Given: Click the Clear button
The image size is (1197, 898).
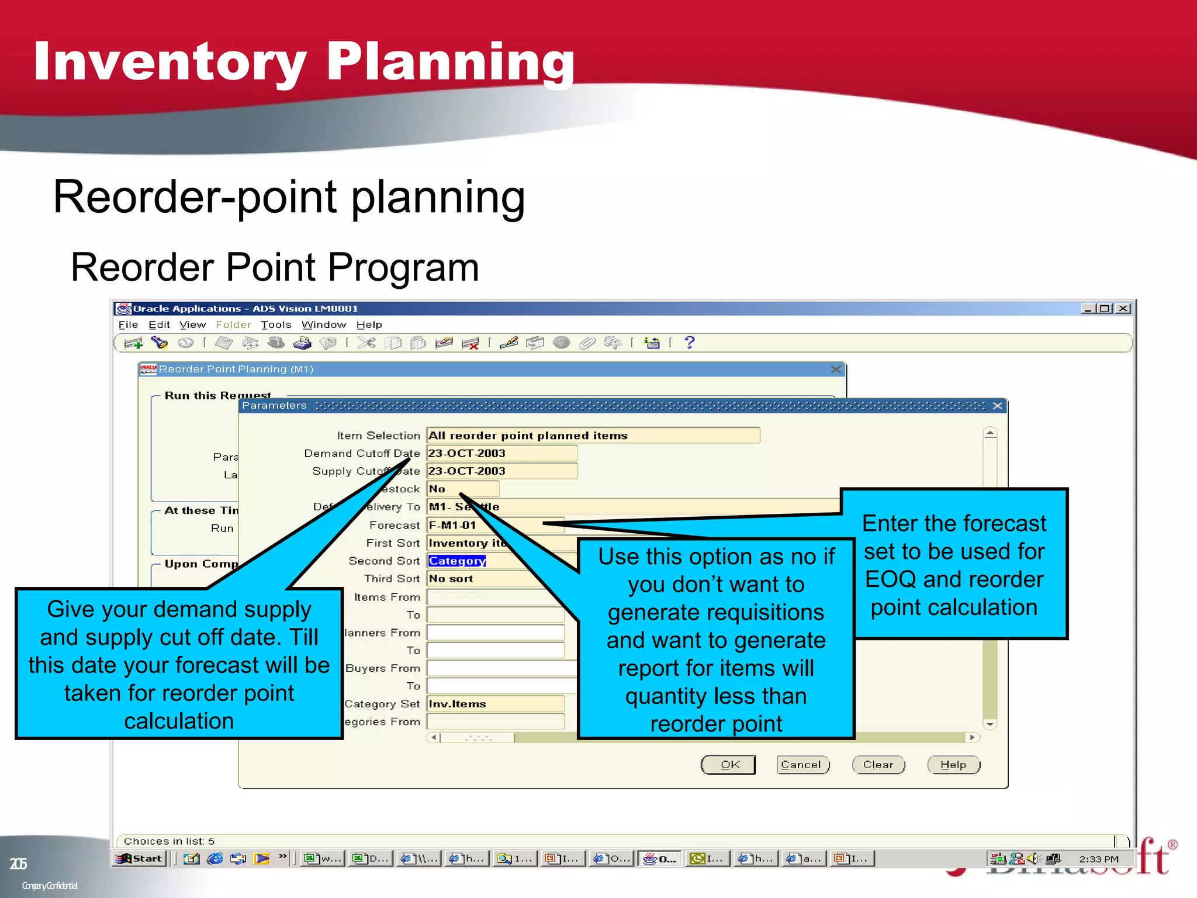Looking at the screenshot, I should [x=878, y=765].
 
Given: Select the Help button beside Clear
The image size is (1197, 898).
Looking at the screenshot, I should [x=953, y=765].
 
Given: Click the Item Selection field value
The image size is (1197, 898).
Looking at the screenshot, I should [x=593, y=436].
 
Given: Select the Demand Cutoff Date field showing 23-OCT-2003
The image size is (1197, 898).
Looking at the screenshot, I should [x=501, y=453].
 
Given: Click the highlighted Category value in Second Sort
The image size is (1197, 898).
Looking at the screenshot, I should [x=457, y=561].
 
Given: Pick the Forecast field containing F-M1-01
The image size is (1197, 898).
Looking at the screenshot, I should [x=494, y=525].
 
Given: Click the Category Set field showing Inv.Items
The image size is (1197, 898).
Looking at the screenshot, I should [x=494, y=704].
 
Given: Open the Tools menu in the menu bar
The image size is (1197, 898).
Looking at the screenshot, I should [x=276, y=324].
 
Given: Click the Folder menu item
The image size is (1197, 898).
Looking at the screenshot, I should [x=233, y=324].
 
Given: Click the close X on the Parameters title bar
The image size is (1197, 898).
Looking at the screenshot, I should [x=997, y=406].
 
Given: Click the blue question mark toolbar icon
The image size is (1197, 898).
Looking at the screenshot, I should [x=689, y=343].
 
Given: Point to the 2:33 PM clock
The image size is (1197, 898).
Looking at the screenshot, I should [x=1098, y=859].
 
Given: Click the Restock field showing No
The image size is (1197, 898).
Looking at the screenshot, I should [x=463, y=489].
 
